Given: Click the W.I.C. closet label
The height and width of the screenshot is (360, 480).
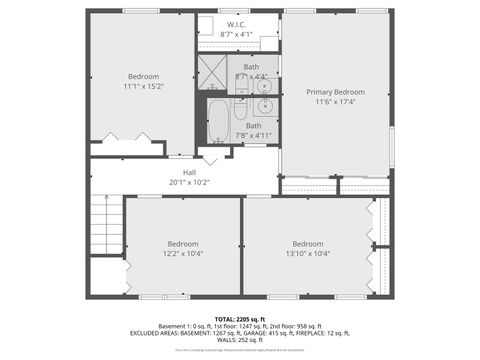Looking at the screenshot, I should (236, 24).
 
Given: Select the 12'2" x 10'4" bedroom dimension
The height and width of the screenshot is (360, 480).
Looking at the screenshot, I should (182, 254).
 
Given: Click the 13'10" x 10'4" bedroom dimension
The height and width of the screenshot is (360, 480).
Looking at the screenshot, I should (307, 254).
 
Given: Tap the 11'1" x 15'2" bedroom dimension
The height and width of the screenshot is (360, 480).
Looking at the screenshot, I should (143, 86).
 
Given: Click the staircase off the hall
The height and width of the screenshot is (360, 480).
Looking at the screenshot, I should (106, 224).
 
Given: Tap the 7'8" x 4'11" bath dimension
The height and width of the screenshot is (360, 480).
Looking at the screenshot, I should (253, 135).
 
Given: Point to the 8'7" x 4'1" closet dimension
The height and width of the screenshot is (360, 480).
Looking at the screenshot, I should (236, 33).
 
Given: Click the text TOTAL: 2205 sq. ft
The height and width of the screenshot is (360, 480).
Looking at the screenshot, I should (239, 318).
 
